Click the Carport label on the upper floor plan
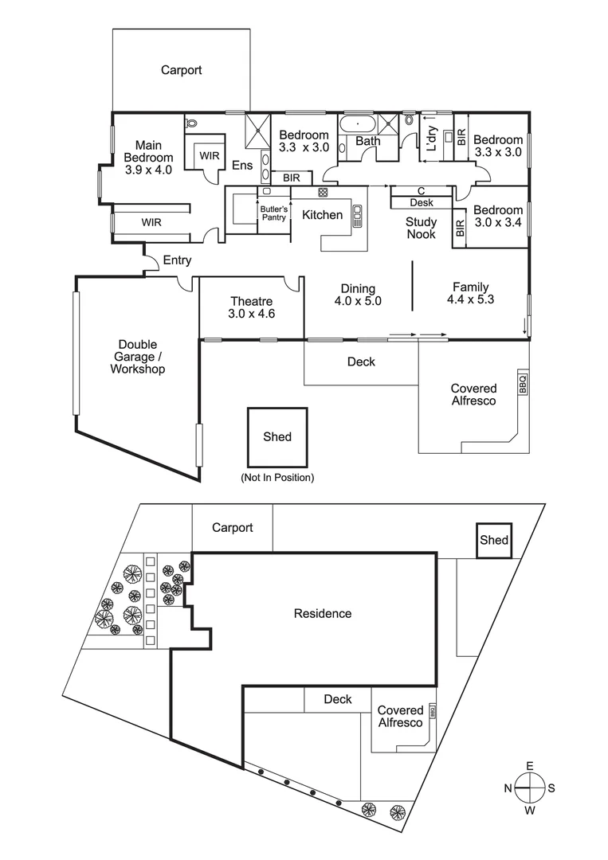(x=181, y=70)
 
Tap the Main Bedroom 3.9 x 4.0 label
(x=148, y=157)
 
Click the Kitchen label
(x=322, y=214)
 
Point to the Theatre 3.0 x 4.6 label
(x=251, y=307)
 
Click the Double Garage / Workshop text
(x=137, y=357)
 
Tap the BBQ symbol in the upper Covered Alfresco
(x=523, y=384)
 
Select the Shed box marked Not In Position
(x=277, y=437)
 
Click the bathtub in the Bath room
(x=357, y=124)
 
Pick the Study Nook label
(x=421, y=229)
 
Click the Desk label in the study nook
(x=421, y=202)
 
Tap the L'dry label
(x=431, y=140)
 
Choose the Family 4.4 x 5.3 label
(x=471, y=294)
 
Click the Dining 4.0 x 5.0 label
(x=358, y=295)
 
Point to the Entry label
(x=177, y=260)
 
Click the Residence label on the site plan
(x=322, y=613)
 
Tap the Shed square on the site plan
(x=493, y=540)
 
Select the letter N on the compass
(x=507, y=788)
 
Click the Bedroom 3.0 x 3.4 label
(x=496, y=217)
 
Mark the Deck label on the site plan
(x=338, y=699)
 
